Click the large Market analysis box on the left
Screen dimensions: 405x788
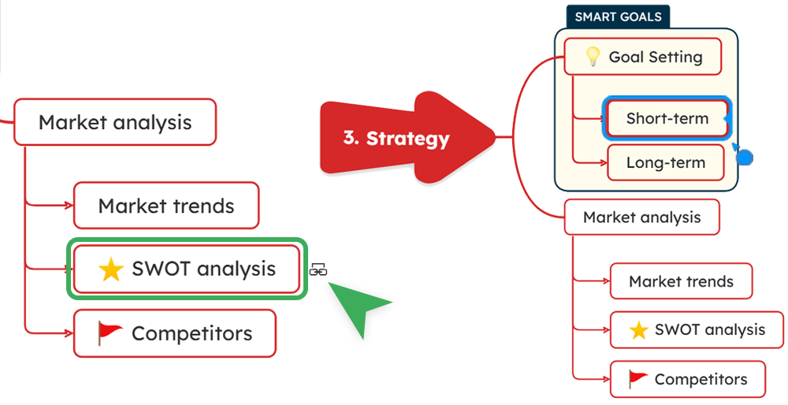(x=115, y=122)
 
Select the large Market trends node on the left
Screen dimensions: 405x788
(x=166, y=206)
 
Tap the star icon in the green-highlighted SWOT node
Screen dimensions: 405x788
(x=111, y=269)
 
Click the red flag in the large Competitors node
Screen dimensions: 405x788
(x=110, y=332)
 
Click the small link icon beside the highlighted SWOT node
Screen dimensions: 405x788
(x=318, y=269)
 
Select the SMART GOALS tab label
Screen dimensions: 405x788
(x=618, y=17)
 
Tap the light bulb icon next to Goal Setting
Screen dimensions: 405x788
(x=593, y=57)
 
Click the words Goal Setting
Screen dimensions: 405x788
(x=655, y=57)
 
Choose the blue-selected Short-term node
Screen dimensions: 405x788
(x=667, y=119)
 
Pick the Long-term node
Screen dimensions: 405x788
(x=665, y=163)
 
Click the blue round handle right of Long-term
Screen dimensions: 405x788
(x=745, y=157)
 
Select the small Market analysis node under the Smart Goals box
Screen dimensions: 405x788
(x=641, y=217)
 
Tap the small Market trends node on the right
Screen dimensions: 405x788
(x=681, y=281)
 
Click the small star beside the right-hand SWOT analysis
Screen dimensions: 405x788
(x=639, y=330)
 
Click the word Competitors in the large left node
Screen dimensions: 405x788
(x=191, y=333)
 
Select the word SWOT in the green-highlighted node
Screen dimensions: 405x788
(x=161, y=269)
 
